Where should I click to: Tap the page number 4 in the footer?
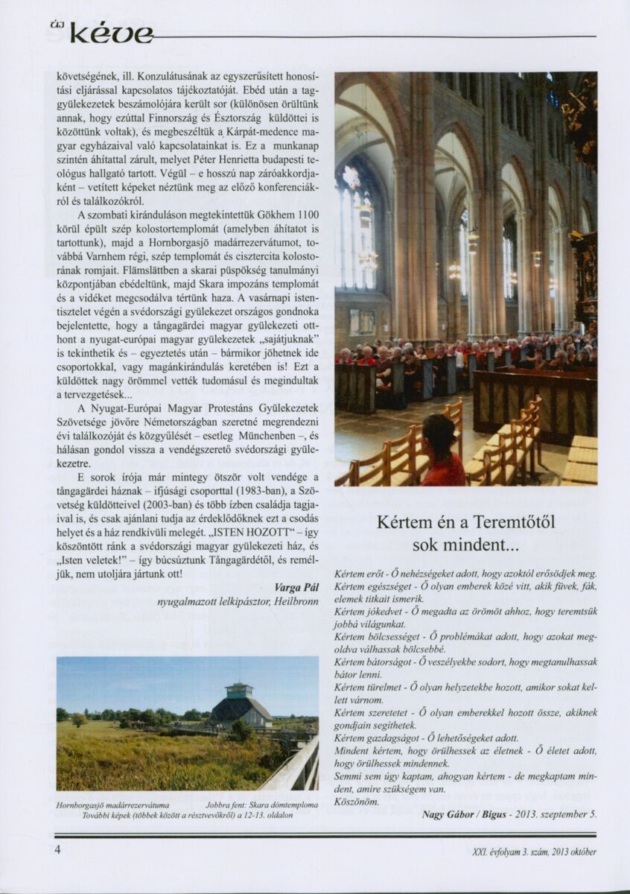pos(57,850)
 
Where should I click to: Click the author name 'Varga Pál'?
pos(296,587)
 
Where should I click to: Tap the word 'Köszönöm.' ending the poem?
pos(357,802)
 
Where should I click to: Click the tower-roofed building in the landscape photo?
pos(240,705)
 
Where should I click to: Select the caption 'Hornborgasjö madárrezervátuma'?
pos(113,805)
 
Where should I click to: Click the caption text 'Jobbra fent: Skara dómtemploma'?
pos(262,805)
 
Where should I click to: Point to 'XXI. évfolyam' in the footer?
pos(493,852)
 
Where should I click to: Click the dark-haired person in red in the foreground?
pos(442,452)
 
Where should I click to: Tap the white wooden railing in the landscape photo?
pos(294,767)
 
